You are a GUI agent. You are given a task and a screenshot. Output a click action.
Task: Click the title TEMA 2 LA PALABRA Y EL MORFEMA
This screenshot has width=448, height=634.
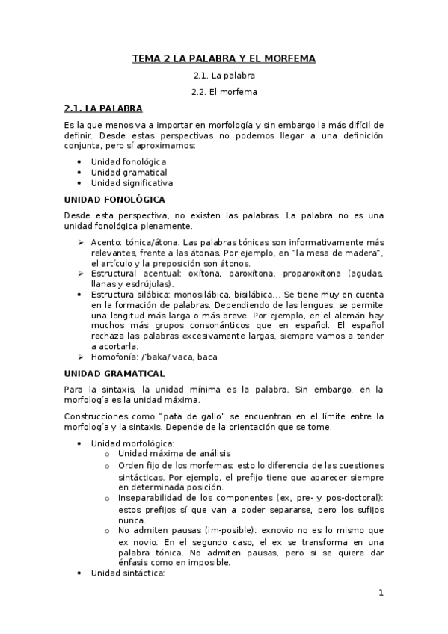point(224,58)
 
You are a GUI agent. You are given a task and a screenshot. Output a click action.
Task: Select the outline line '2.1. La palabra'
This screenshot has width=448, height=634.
point(224,76)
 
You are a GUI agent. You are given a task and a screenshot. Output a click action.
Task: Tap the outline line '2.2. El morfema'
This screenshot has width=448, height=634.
point(224,92)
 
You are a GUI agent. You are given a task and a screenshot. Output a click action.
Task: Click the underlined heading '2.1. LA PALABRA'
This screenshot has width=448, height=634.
point(103,108)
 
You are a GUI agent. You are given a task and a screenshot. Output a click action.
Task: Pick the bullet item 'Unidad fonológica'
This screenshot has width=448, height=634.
point(129,161)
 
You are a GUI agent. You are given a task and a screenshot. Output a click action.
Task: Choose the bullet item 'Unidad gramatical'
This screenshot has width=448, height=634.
point(129,172)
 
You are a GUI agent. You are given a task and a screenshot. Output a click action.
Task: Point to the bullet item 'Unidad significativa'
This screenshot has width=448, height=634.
point(132,182)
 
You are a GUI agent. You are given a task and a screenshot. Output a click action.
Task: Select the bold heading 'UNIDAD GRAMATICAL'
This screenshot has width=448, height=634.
point(114,372)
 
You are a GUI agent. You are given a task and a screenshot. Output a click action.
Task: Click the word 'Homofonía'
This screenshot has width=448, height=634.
point(114,357)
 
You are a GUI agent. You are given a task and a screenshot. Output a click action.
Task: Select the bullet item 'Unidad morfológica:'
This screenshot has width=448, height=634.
point(132,443)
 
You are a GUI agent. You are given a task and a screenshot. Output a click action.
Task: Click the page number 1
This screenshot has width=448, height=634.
point(380,594)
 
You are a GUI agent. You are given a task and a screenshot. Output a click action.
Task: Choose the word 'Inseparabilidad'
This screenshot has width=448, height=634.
point(153,497)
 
